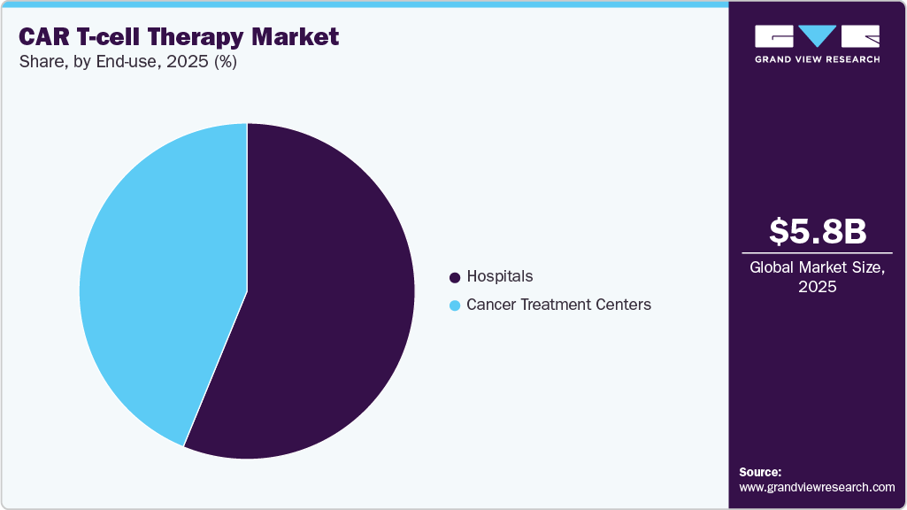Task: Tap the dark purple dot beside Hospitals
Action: tap(455, 277)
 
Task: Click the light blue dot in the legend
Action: tap(455, 305)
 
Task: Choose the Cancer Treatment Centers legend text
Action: tap(558, 305)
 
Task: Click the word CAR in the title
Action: tap(43, 37)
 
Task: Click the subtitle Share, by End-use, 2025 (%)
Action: tap(127, 62)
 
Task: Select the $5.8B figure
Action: tap(817, 231)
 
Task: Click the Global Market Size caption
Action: tap(817, 267)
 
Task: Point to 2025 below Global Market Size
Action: tap(817, 287)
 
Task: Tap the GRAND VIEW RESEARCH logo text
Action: tap(817, 59)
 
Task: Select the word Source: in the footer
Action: tap(760, 472)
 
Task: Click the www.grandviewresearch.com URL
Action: tap(817, 487)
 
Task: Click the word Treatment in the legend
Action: tap(561, 305)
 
